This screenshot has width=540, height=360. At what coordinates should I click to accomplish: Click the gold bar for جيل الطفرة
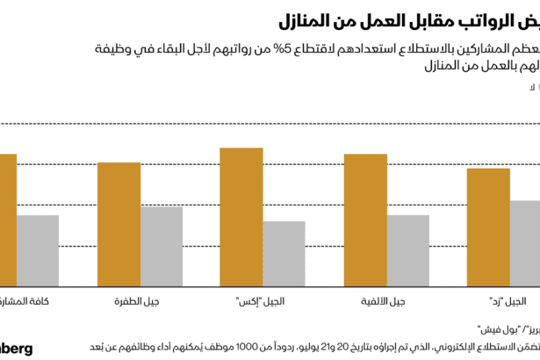pyautogui.click(x=119, y=224)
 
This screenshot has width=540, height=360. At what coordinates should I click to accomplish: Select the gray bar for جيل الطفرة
pyautogui.click(x=162, y=246)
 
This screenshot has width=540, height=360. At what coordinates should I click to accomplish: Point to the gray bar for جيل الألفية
pyautogui.click(x=407, y=250)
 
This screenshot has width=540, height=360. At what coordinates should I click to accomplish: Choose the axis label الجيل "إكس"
pyautogui.click(x=261, y=301)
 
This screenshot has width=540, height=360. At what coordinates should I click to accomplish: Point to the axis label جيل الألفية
pyautogui.click(x=384, y=301)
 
